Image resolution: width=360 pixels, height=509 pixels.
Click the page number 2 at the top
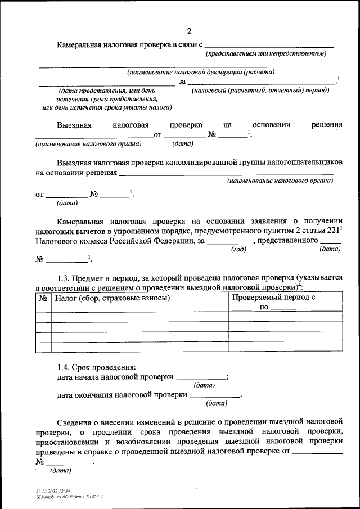(x=190, y=31)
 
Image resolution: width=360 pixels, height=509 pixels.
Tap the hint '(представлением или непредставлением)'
(x=266, y=53)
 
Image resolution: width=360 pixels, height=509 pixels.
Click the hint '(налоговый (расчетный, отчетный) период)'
(x=260, y=90)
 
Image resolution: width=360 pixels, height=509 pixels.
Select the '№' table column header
(x=43, y=298)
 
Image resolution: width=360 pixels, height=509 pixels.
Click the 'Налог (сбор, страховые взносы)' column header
(x=112, y=298)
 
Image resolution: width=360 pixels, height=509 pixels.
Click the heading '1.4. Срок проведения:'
(x=96, y=367)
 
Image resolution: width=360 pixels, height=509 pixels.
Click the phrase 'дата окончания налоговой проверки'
(x=121, y=395)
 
